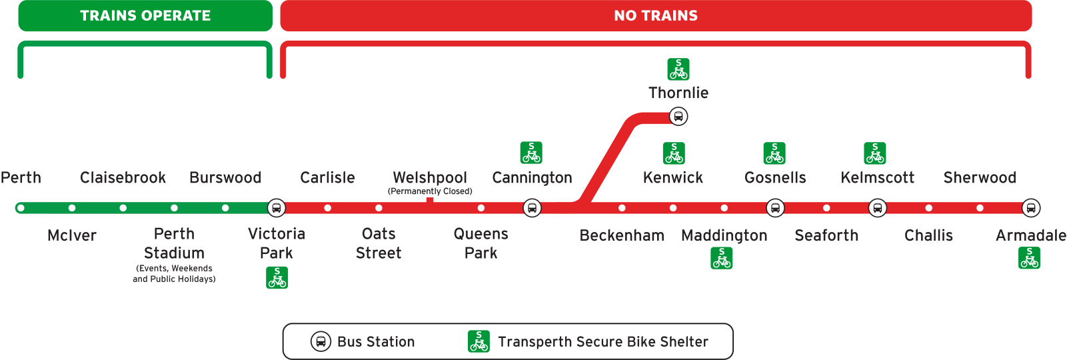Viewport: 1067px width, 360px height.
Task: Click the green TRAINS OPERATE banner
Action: (x=145, y=16)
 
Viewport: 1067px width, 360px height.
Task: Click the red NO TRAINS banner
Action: (x=656, y=16)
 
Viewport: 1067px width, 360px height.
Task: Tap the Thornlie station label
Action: (x=678, y=93)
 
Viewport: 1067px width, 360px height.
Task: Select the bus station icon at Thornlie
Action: (x=678, y=117)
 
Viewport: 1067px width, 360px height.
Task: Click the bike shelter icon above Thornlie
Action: (x=678, y=69)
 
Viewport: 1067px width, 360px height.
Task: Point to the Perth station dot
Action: (x=21, y=208)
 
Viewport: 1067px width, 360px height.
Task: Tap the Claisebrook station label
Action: (x=123, y=178)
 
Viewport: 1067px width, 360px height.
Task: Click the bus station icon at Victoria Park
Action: (x=276, y=208)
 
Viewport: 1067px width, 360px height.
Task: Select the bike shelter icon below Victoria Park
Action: (x=277, y=277)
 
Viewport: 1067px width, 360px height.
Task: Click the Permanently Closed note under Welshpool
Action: (x=430, y=191)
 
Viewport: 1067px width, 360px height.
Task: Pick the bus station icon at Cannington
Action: (x=532, y=208)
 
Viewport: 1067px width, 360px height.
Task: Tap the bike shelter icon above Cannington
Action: (x=531, y=153)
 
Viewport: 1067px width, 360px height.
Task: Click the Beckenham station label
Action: (x=622, y=235)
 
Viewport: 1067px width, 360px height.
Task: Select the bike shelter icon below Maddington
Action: (x=722, y=258)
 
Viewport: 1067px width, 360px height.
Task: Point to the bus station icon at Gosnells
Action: (x=775, y=208)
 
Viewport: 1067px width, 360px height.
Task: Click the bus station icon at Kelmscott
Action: (x=878, y=208)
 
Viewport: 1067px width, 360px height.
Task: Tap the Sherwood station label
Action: (x=980, y=178)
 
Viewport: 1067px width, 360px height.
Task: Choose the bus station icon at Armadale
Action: (x=1031, y=208)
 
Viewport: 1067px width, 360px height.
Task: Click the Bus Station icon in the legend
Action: (x=321, y=341)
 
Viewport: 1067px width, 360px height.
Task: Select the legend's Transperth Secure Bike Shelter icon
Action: (x=479, y=341)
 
